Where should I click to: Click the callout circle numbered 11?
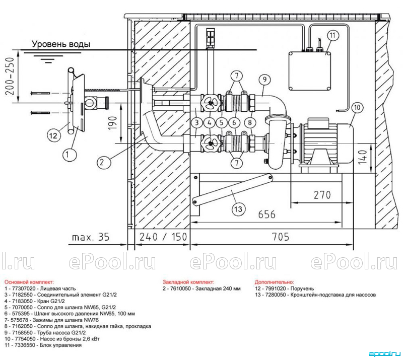coord(333,35)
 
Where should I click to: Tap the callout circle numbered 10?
coord(357,107)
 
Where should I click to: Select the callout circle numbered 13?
coord(238,209)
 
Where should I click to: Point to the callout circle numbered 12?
coord(53,135)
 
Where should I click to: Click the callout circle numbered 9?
coord(264,79)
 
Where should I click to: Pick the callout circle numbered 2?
coord(102,162)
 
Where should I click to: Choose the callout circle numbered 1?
coord(68,154)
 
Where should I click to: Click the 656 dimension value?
coord(267,214)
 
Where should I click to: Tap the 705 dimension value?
coord(281,237)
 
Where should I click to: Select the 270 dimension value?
coord(322,195)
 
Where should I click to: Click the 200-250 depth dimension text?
coord(10,76)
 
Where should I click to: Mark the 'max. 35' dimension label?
coord(91,237)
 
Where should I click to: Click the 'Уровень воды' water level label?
coord(61,44)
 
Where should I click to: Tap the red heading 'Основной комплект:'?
coord(29,282)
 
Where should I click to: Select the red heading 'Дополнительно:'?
coord(274,282)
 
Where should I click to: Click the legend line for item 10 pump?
coord(52,339)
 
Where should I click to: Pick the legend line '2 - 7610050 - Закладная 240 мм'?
coord(201,289)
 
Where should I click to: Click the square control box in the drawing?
coord(309,71)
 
